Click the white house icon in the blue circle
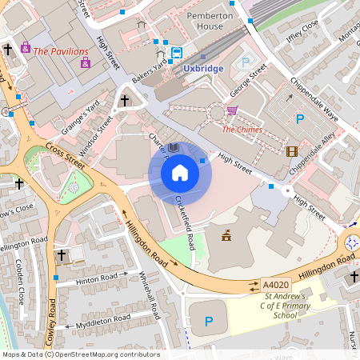[180, 173]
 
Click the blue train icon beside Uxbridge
[175, 54]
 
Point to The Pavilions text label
[61, 50]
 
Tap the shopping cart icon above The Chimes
[232, 111]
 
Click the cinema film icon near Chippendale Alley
[291, 151]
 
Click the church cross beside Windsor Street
[124, 101]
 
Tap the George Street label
[246, 82]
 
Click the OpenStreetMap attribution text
[80, 354]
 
